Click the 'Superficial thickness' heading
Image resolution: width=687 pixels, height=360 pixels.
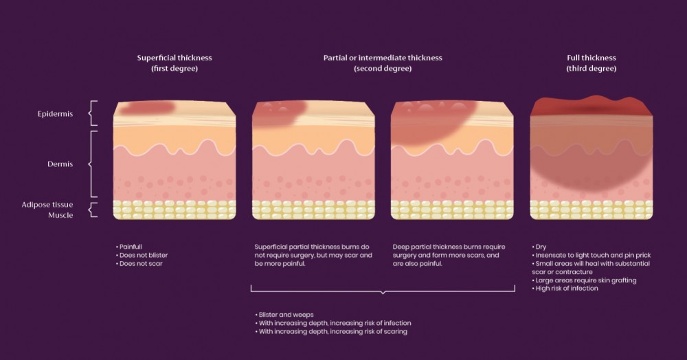[174, 58]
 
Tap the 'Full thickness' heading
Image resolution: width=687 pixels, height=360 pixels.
[591, 58]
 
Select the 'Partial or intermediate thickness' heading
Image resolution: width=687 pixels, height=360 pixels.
[382, 58]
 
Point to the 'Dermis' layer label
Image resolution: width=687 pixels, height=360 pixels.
[61, 164]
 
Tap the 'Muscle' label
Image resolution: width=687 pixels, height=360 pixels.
[61, 215]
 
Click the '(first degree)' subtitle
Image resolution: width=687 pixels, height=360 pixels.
[174, 69]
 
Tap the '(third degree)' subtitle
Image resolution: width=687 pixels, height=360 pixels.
[591, 69]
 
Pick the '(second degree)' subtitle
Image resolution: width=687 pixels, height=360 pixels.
[382, 69]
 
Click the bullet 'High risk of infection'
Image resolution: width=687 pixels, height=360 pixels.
[566, 289]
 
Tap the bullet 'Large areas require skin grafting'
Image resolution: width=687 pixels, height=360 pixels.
[585, 280]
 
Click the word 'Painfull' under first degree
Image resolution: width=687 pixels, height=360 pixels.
[131, 246]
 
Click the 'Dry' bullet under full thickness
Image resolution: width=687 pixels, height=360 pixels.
[541, 246]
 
